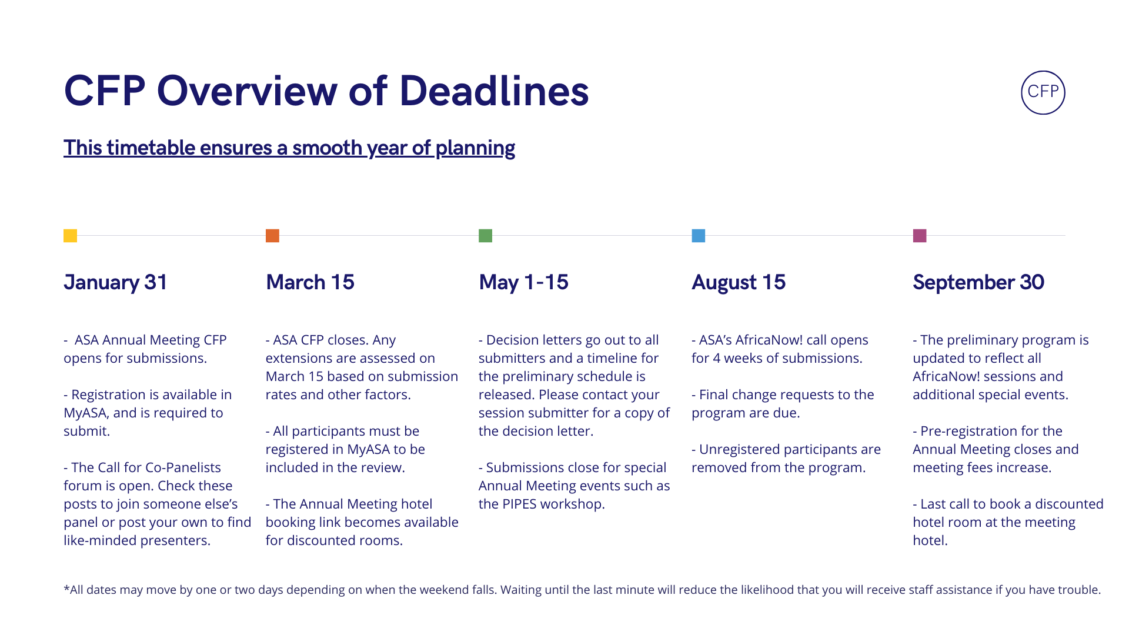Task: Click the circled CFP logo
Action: (1043, 92)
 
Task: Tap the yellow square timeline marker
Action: (70, 236)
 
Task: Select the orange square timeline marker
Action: (272, 236)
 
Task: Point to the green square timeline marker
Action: (485, 236)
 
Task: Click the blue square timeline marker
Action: (698, 236)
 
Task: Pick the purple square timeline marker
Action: (920, 236)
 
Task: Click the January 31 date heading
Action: (116, 283)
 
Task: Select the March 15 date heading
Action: (310, 282)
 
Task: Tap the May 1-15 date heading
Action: (523, 283)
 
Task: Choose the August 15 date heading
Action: (739, 283)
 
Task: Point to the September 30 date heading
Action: (978, 283)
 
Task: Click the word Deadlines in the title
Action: (494, 91)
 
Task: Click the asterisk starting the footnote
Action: (66, 587)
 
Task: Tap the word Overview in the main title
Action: (247, 91)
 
